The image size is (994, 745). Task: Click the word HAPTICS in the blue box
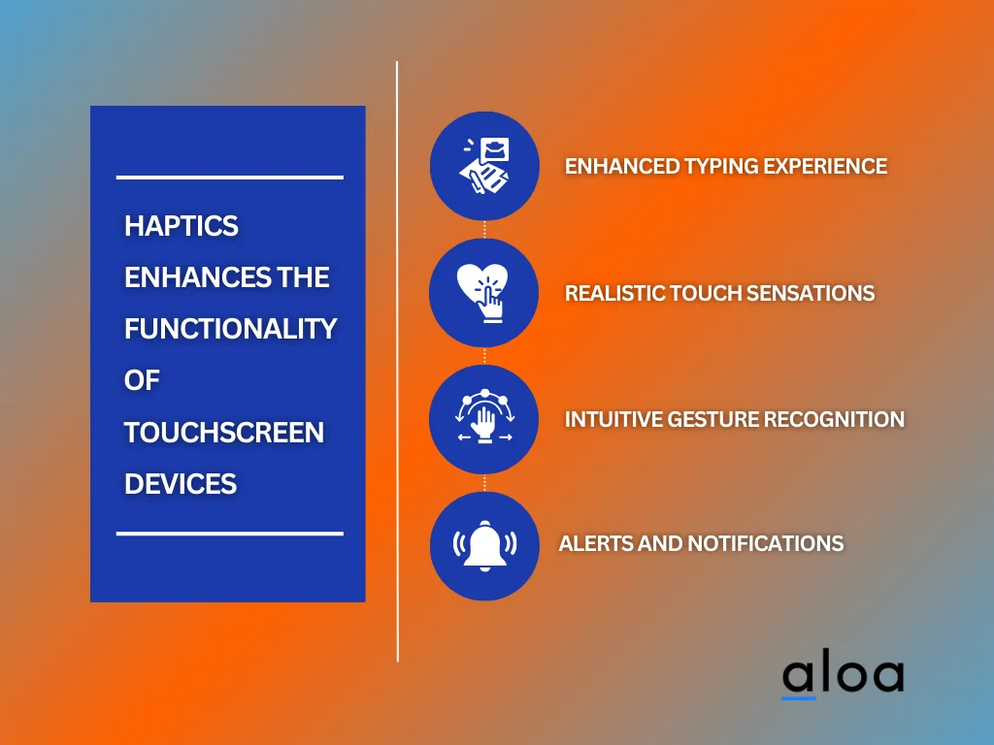[182, 226]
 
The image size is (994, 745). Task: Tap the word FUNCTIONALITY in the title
[230, 329]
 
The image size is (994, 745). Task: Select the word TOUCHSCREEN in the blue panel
[224, 432]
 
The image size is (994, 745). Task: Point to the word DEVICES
[181, 483]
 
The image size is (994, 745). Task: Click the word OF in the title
[142, 380]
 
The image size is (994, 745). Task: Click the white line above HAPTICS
[230, 178]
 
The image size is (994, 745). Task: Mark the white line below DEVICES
[230, 534]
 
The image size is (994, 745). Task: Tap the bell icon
[484, 545]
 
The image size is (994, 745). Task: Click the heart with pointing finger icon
[484, 292]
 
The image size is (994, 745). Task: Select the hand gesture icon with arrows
[484, 419]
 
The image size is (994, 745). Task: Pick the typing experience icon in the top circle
[484, 166]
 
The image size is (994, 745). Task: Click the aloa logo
[843, 676]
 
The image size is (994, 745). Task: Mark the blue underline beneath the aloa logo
[799, 697]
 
